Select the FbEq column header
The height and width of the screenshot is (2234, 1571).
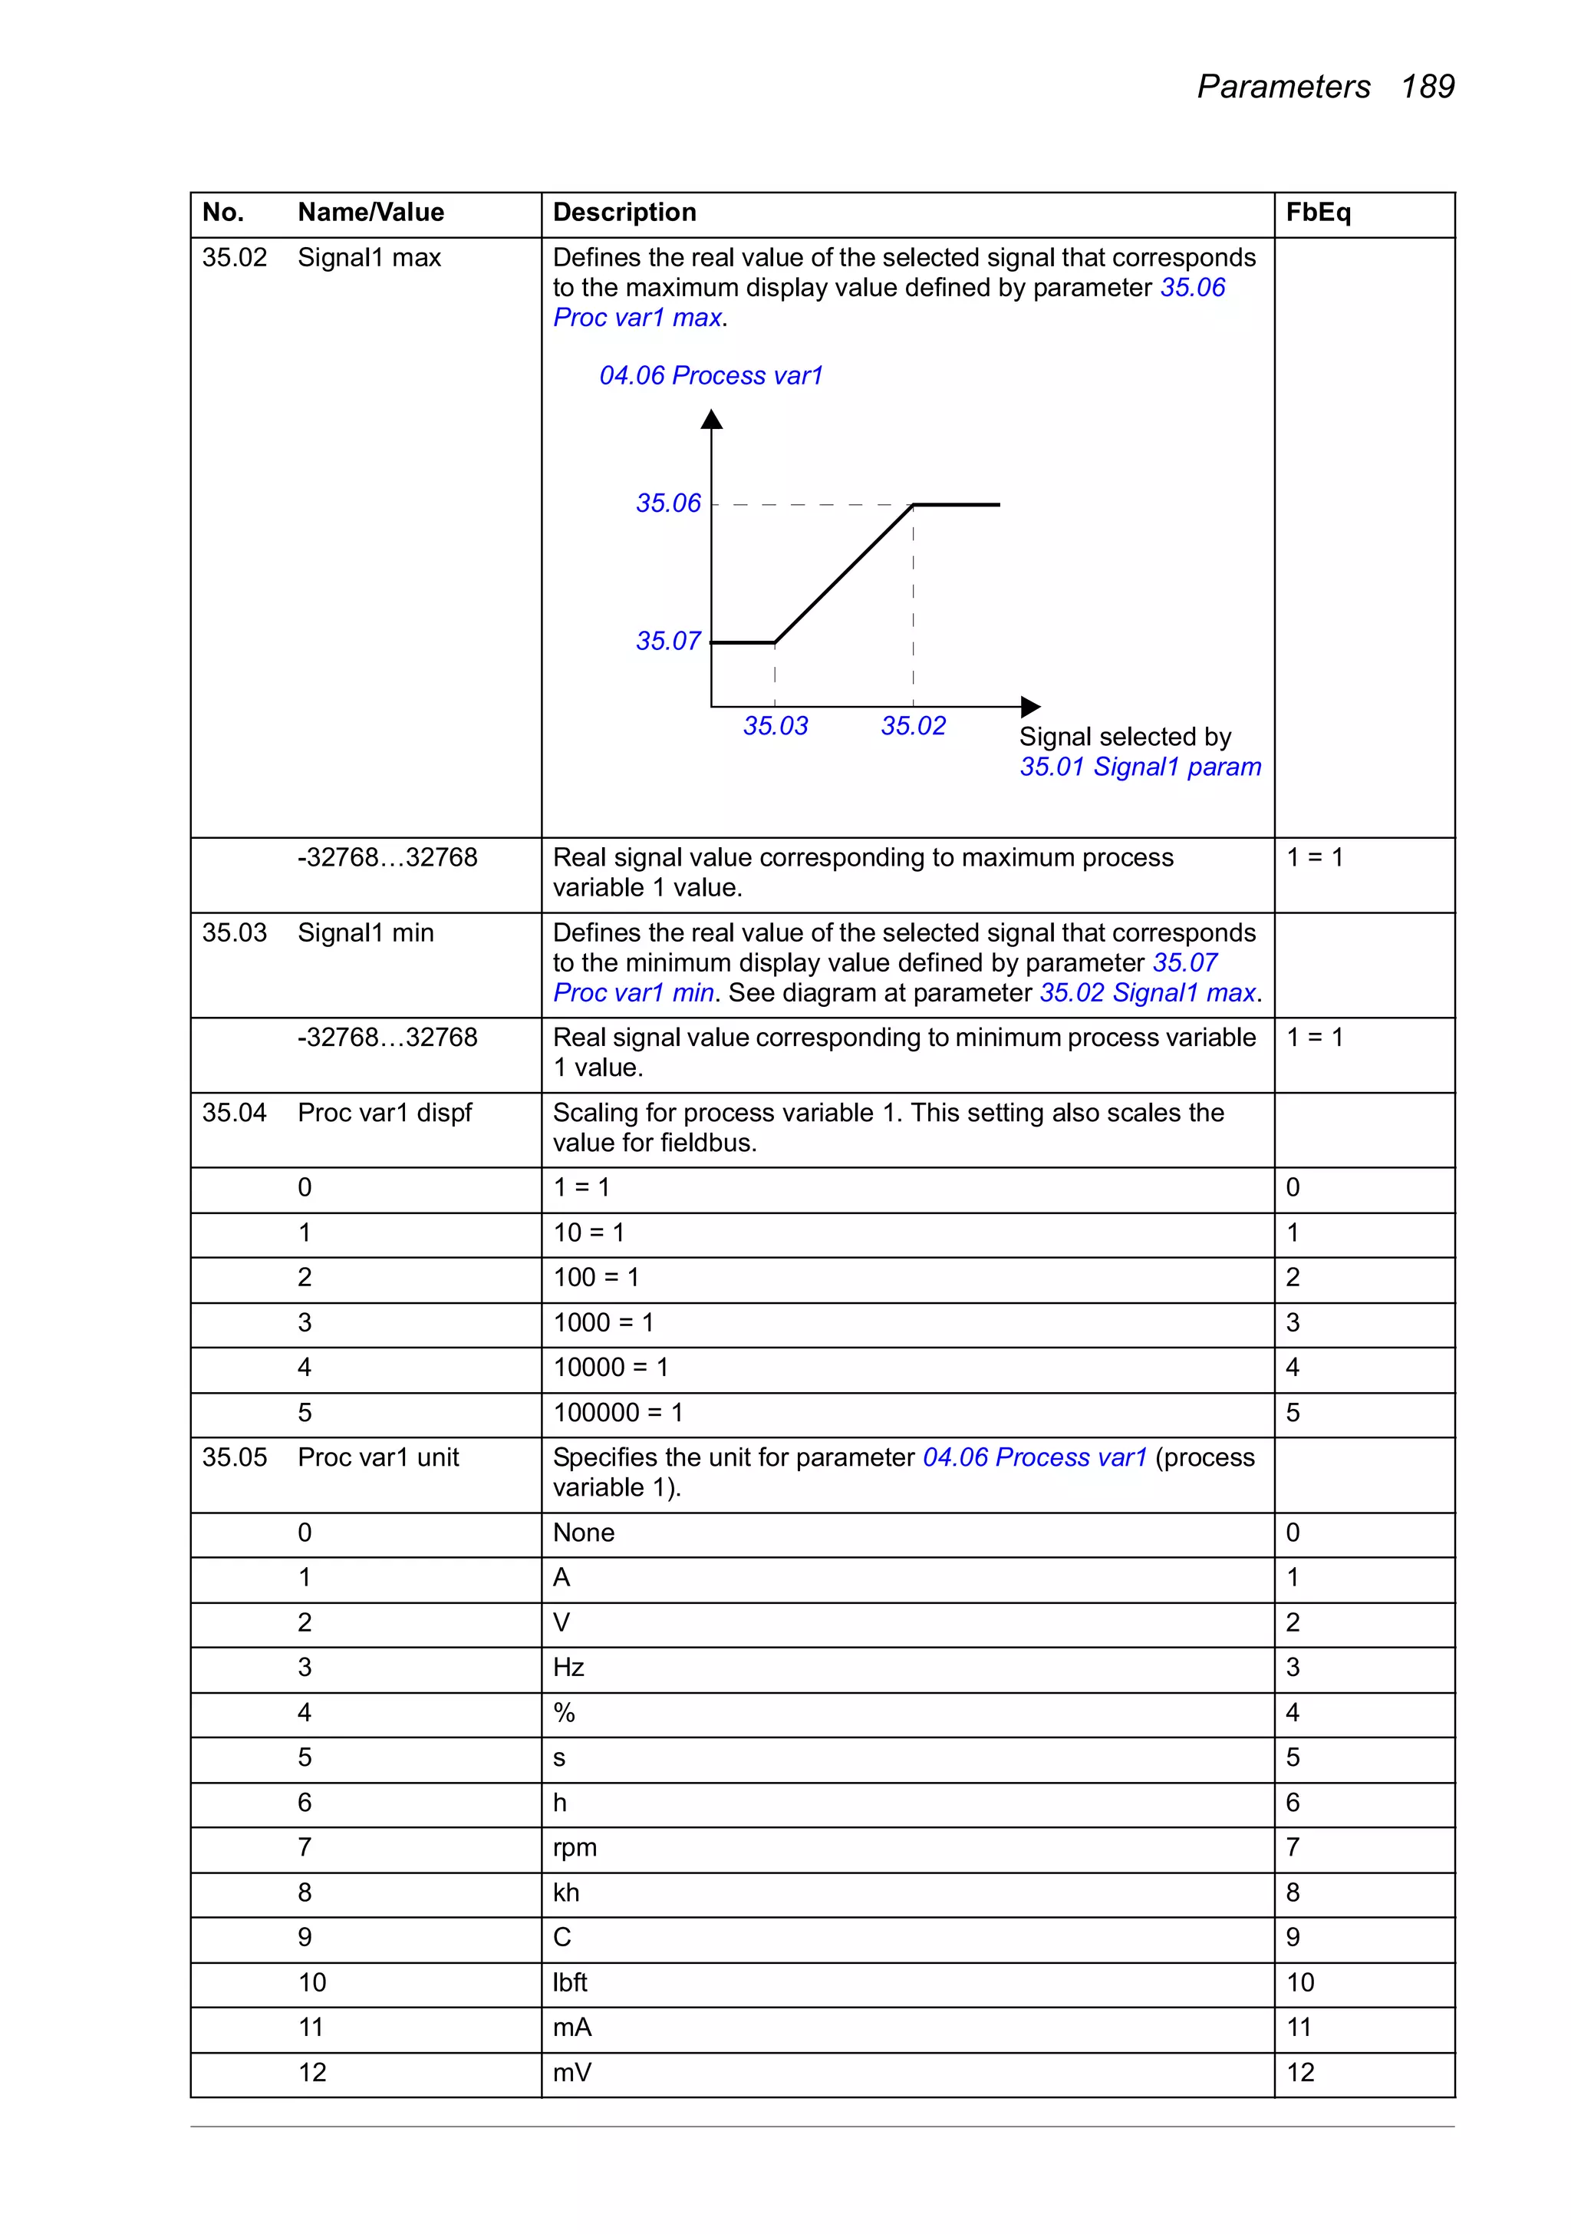(x=1317, y=212)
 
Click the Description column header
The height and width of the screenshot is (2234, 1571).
(x=624, y=212)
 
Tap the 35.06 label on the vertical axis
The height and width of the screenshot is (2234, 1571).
(x=667, y=503)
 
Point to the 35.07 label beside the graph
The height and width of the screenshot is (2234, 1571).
(x=667, y=642)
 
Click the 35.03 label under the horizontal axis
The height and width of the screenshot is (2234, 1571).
(x=776, y=726)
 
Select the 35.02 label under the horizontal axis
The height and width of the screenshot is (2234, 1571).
(x=912, y=726)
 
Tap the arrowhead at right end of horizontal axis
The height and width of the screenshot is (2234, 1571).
(x=1030, y=706)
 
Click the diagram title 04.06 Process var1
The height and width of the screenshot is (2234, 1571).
(x=710, y=375)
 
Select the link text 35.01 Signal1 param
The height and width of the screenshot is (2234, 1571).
(x=1139, y=767)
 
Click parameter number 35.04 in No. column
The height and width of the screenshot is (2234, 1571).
(x=233, y=1112)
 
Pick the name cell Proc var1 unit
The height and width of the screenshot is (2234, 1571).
(x=377, y=1457)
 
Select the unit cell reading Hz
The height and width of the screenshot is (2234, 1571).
(x=568, y=1667)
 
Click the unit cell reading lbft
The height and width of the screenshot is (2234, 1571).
(x=569, y=1982)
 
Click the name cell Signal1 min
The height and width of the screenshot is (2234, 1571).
(x=365, y=932)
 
